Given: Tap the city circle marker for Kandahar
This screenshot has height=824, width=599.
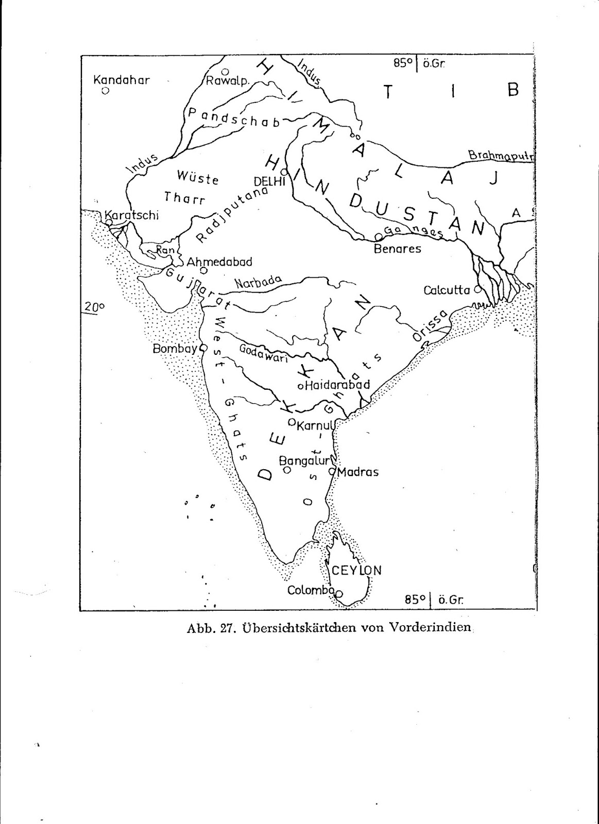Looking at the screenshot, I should pyautogui.click(x=105, y=91).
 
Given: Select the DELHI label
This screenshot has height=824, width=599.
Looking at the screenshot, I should pyautogui.click(x=269, y=181).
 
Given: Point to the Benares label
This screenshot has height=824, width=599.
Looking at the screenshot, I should pyautogui.click(x=397, y=249).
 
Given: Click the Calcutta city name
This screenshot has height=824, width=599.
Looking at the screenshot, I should pyautogui.click(x=447, y=290).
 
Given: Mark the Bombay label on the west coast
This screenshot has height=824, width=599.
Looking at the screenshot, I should pyautogui.click(x=175, y=349).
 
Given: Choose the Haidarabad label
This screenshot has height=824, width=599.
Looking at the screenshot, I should pyautogui.click(x=337, y=385).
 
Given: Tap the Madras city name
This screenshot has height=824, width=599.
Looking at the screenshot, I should pyautogui.click(x=358, y=472).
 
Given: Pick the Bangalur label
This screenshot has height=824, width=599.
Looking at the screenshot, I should pyautogui.click(x=304, y=460).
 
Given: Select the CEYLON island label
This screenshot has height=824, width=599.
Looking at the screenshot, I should pyautogui.click(x=357, y=570).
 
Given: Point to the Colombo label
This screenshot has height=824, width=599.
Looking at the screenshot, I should pyautogui.click(x=311, y=590).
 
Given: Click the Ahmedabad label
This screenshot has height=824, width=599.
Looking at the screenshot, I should pyautogui.click(x=219, y=262).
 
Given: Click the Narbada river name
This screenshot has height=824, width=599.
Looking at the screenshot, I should pyautogui.click(x=258, y=282).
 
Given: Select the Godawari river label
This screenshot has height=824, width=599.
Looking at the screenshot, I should pyautogui.click(x=263, y=353).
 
